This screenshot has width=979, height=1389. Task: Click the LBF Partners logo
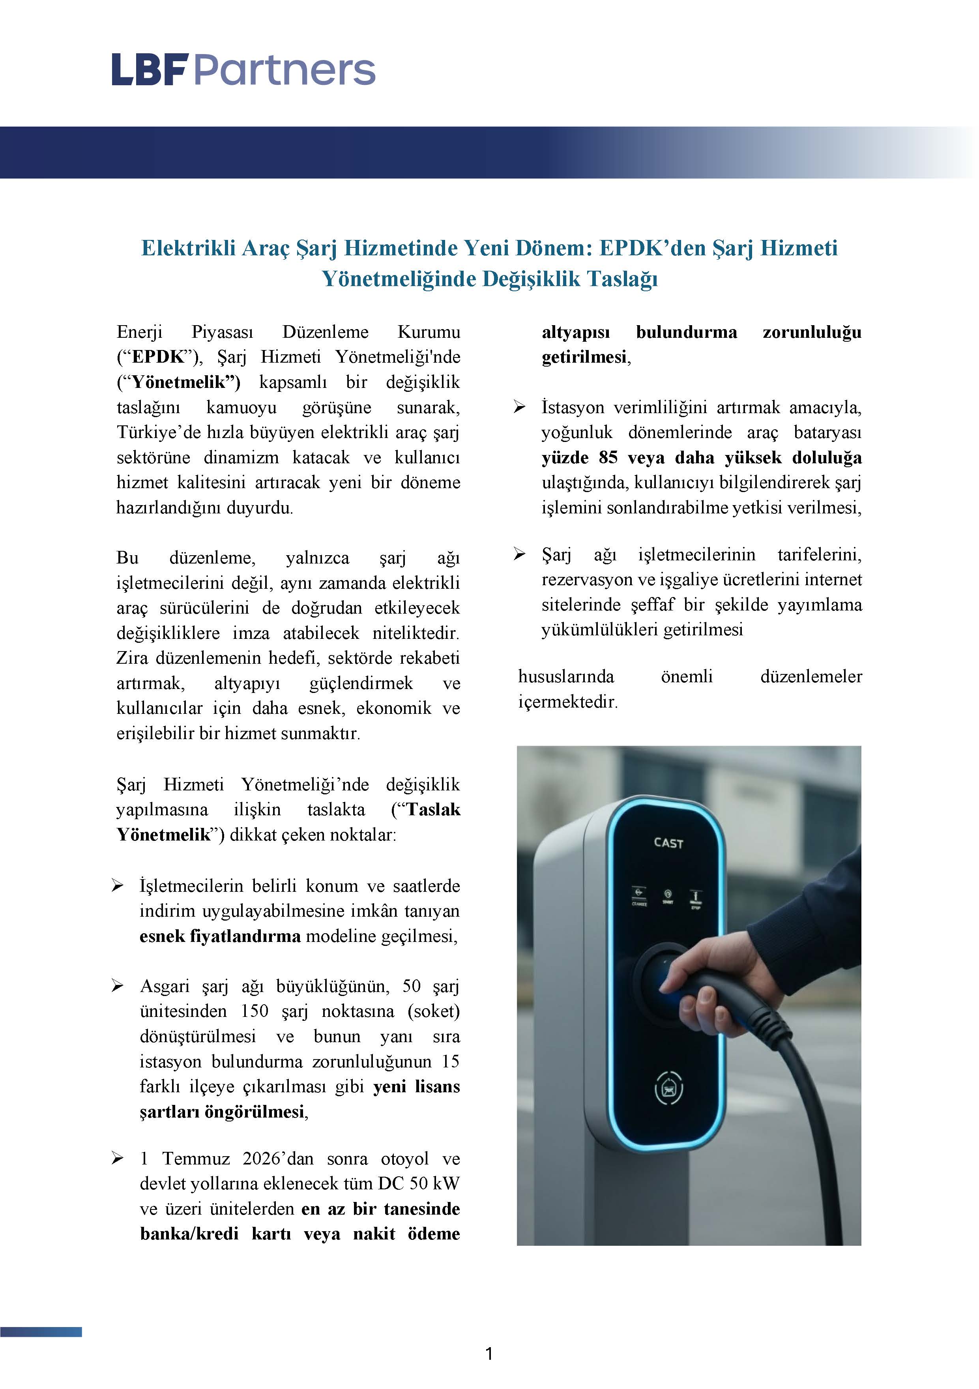(x=243, y=69)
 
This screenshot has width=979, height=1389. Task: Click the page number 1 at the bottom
(x=489, y=1354)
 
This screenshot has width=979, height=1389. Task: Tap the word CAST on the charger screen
(x=668, y=843)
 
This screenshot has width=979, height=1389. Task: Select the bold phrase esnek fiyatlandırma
(x=220, y=936)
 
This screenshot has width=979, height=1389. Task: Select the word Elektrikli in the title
(x=187, y=248)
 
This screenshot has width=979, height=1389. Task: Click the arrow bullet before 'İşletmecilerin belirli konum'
(x=117, y=885)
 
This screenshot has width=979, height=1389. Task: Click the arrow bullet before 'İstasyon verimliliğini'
(x=519, y=407)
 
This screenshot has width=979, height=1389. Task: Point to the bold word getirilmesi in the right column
(x=584, y=357)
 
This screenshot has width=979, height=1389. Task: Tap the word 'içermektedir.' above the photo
(x=567, y=702)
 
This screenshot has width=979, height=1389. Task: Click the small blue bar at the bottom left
(x=41, y=1331)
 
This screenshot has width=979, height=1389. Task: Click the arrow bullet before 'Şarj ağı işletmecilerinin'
(x=519, y=554)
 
